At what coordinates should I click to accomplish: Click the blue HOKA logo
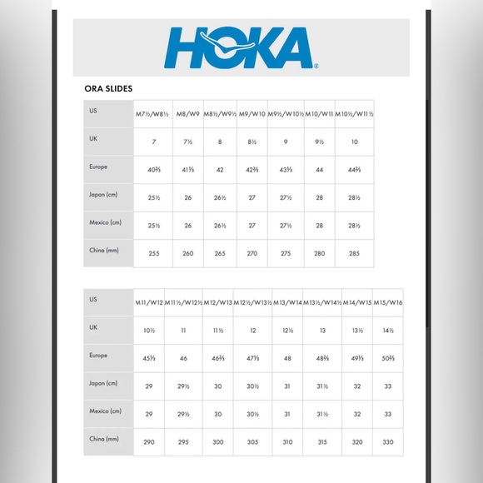point(241,47)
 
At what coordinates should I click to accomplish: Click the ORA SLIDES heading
point(108,88)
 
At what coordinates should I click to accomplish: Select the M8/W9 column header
point(187,114)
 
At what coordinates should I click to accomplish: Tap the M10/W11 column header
point(319,114)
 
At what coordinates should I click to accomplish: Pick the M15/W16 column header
point(388,302)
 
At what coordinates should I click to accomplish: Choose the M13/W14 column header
point(287,302)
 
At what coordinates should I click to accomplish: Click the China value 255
point(154,251)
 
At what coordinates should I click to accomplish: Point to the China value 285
point(354,251)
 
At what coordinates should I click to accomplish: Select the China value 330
point(388,440)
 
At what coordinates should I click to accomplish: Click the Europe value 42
point(220,169)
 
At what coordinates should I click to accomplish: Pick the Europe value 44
point(319,169)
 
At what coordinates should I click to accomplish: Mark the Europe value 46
point(184,357)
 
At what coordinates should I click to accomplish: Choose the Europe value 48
point(287,357)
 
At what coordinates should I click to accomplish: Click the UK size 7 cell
point(154,142)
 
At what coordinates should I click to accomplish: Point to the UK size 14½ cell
point(388,330)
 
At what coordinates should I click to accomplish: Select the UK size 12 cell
point(253,330)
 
